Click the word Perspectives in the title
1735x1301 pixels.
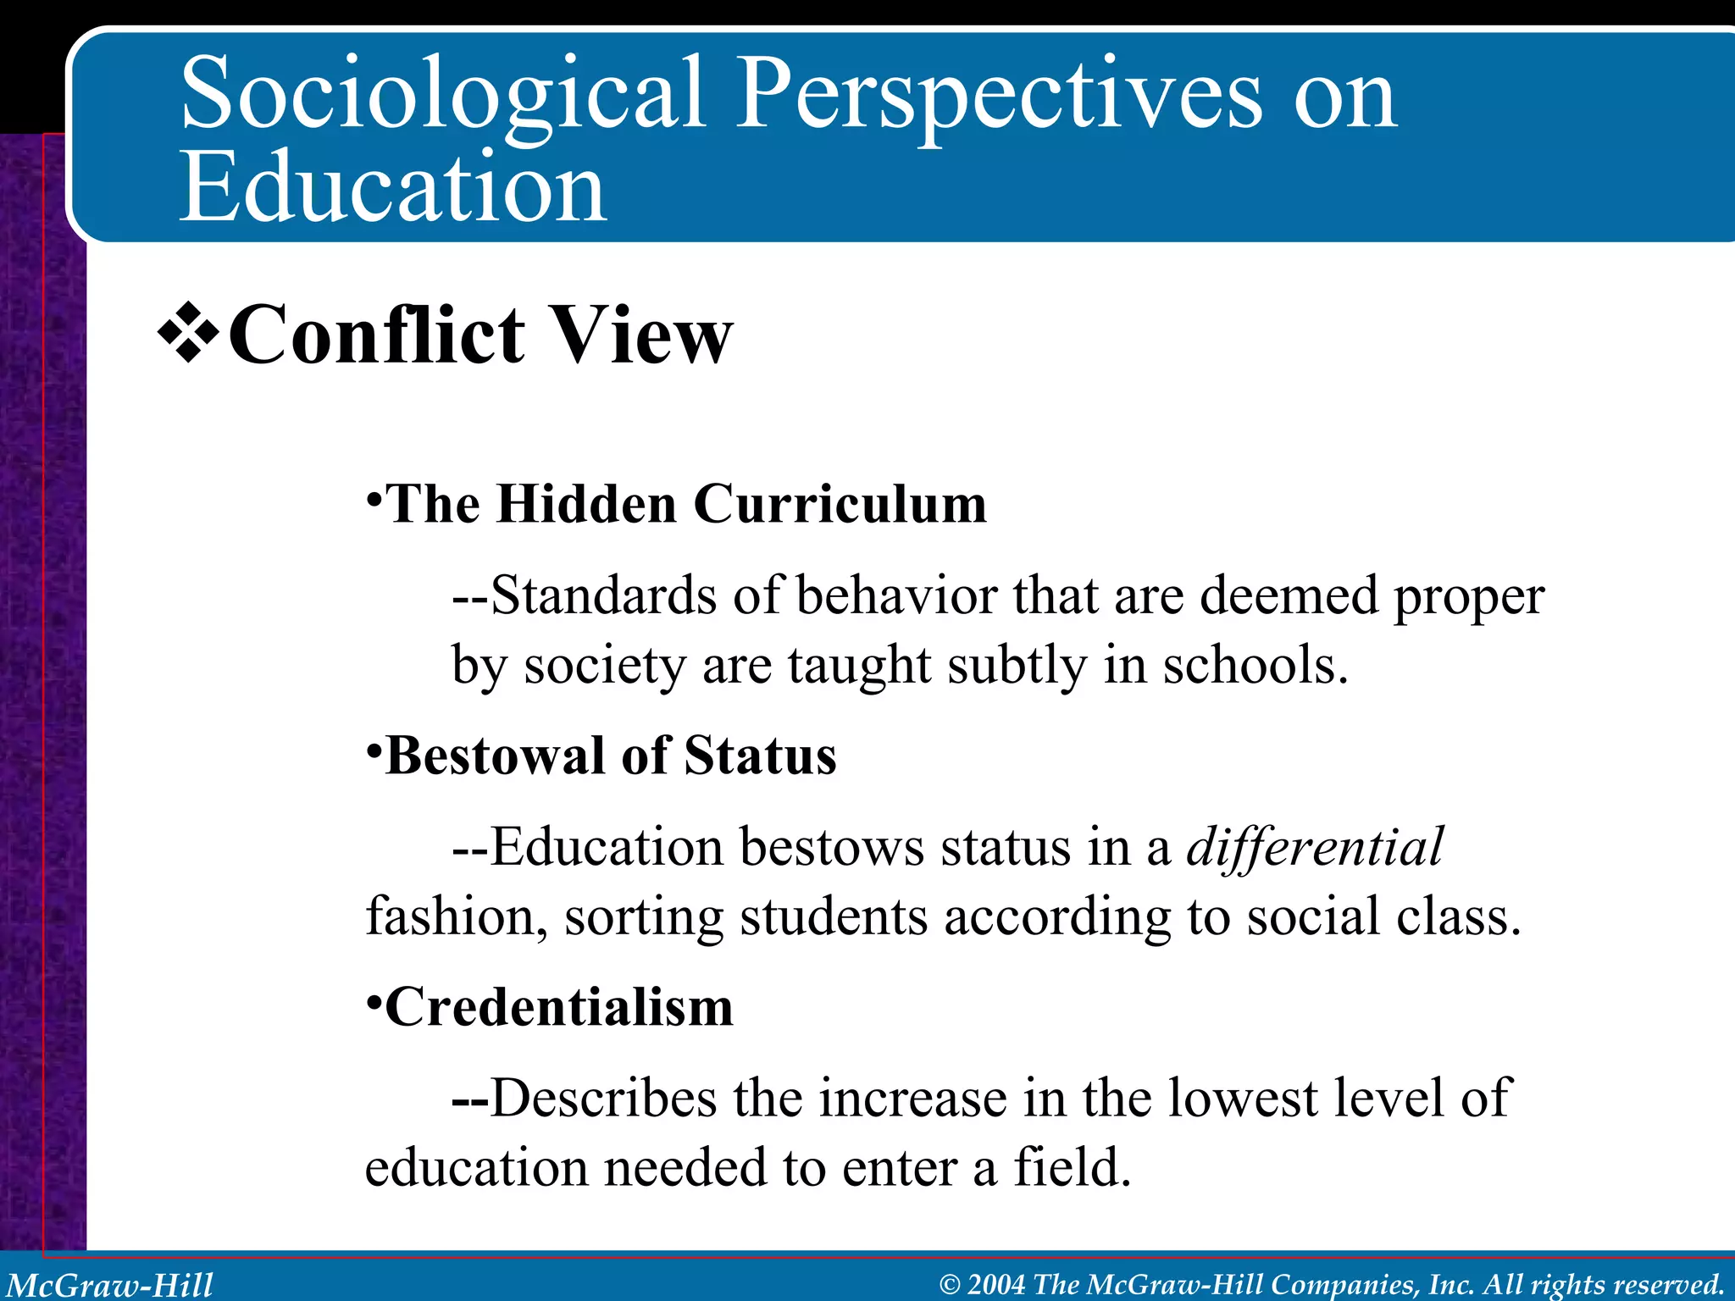pos(999,95)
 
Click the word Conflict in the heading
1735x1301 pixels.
pos(377,335)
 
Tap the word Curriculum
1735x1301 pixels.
pos(840,505)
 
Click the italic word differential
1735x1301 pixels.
pos(1314,847)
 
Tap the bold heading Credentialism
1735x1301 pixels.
pos(558,1008)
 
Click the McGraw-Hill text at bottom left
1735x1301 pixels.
pos(110,1285)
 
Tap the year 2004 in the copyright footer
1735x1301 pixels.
pos(995,1285)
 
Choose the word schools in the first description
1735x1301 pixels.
pos(1253,665)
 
